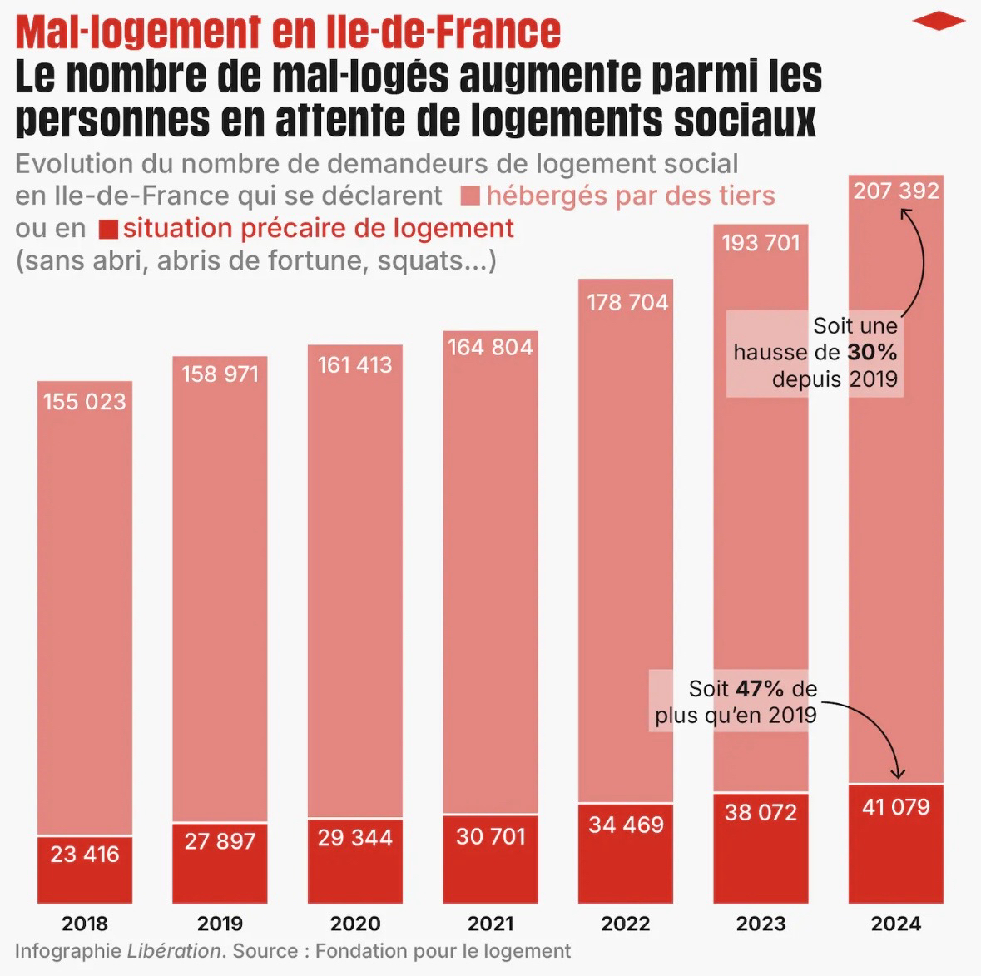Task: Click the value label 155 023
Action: click(85, 402)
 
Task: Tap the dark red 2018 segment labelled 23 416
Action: click(85, 869)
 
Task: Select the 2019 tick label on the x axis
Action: click(220, 924)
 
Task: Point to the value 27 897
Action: click(220, 841)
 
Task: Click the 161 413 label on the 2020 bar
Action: click(355, 364)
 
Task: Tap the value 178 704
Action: click(627, 302)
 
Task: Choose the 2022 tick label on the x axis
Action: click(626, 924)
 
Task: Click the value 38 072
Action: click(761, 812)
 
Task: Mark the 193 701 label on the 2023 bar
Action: click(761, 243)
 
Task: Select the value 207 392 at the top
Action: click(896, 191)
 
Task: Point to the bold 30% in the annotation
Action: click(872, 352)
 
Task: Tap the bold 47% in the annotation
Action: click(760, 689)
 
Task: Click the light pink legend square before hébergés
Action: click(470, 196)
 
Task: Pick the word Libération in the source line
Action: click(174, 950)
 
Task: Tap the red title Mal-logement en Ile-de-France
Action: click(288, 32)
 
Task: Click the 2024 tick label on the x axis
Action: click(896, 924)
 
